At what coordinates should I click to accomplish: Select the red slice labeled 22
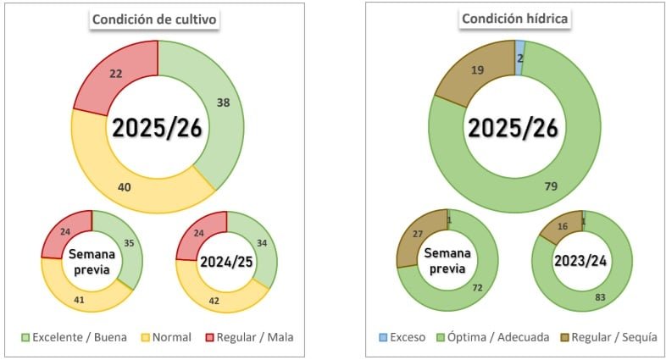click(x=117, y=74)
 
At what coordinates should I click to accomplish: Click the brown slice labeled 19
click(x=477, y=71)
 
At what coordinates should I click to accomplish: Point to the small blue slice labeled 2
click(x=520, y=57)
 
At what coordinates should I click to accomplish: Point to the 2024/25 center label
click(x=226, y=262)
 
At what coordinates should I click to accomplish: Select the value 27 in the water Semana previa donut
click(x=416, y=233)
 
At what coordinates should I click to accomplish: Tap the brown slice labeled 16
click(x=562, y=226)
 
